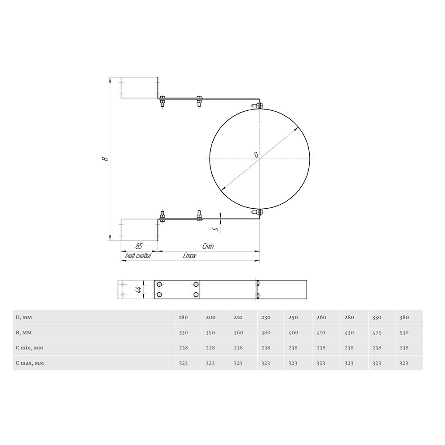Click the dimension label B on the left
[105, 158]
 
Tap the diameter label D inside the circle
[256, 155]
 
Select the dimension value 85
[138, 246]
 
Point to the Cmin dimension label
[208, 246]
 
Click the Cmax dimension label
[189, 256]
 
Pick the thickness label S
[217, 229]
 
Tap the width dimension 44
[138, 290]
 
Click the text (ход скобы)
[138, 256]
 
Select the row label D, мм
[24, 317]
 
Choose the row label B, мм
[24, 332]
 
